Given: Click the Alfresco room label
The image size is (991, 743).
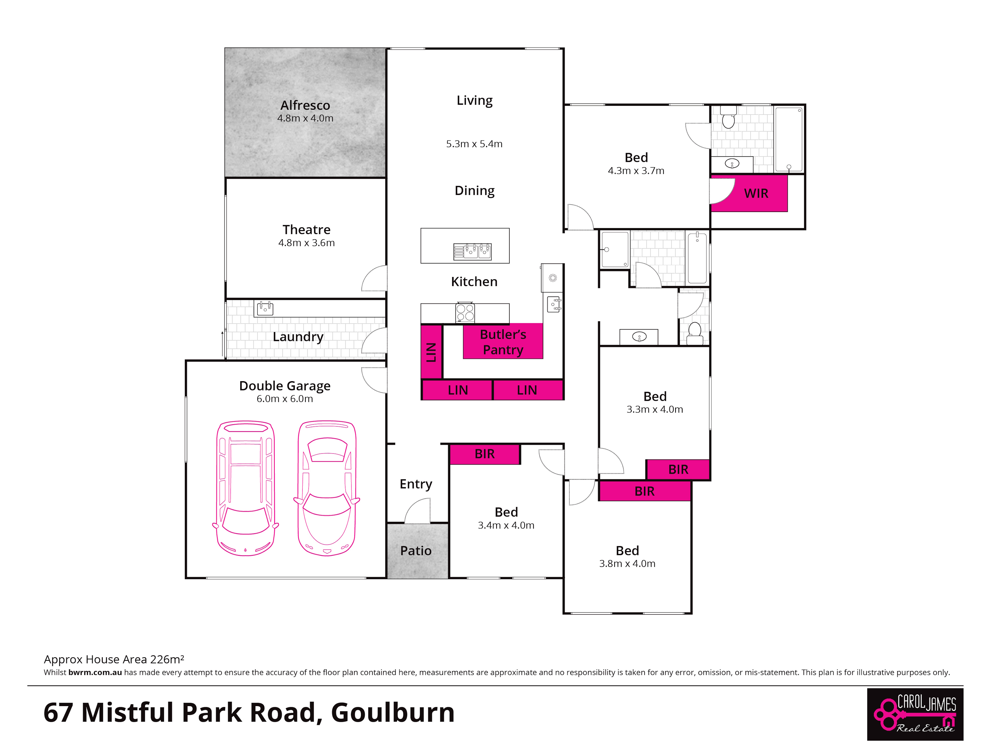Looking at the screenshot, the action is (x=305, y=105).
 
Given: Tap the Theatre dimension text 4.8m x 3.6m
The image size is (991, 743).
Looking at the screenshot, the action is (x=306, y=243).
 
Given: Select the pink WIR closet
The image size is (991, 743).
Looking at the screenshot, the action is (x=749, y=193).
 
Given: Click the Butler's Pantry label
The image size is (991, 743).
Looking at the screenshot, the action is (x=503, y=342).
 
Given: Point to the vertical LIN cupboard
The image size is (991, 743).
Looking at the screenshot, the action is (x=431, y=352).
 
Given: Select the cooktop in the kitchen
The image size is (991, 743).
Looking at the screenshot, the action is (x=465, y=312).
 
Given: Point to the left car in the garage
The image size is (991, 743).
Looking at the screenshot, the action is (x=246, y=488).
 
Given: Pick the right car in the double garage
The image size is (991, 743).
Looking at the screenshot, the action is (x=327, y=488).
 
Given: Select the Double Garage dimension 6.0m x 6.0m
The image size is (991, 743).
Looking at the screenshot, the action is (x=284, y=398).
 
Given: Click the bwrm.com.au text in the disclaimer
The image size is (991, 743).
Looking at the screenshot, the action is (x=95, y=672).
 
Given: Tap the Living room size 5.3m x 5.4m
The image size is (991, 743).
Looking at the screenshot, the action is (x=474, y=144).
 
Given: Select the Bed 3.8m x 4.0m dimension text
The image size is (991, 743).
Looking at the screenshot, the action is (x=627, y=563).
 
